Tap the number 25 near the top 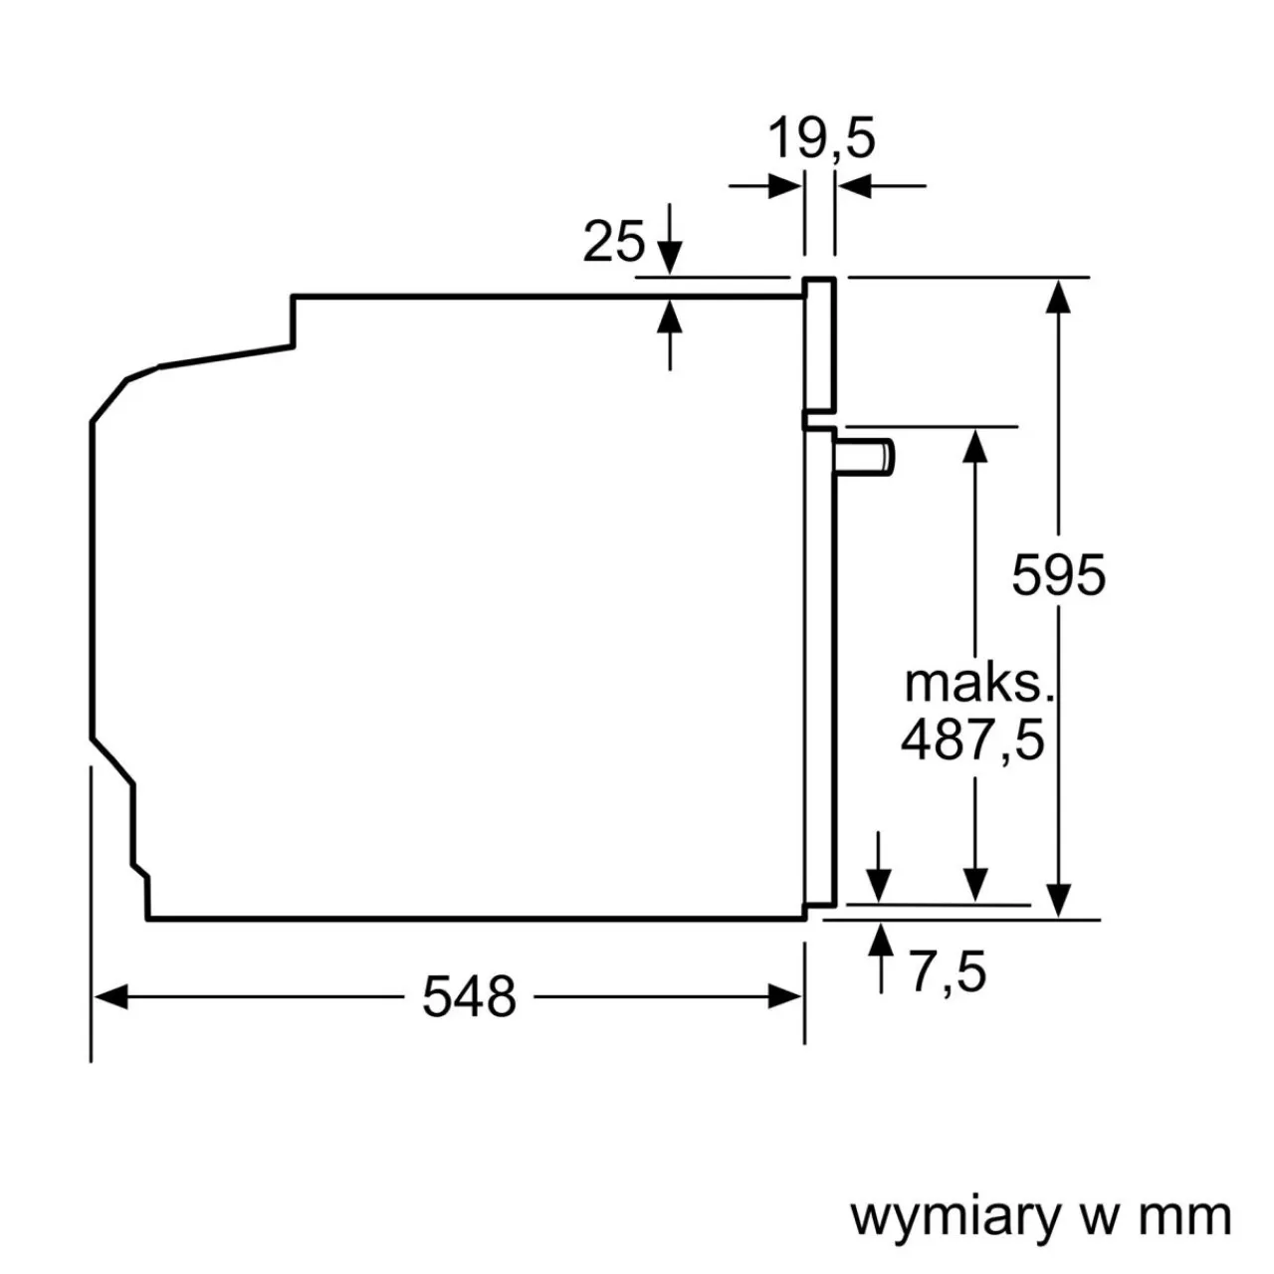coord(613,241)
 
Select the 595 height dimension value coord(1058,574)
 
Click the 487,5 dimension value coord(972,740)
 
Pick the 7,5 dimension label coord(948,972)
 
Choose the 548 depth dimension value coord(469,996)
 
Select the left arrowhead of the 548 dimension coord(109,996)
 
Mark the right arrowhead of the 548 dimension coord(785,996)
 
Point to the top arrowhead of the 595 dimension coord(1059,296)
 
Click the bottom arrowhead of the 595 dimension coord(1059,900)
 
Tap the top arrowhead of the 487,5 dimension coord(975,444)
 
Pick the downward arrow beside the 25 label coord(670,257)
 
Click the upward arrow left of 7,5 coord(880,942)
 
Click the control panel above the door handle coord(820,343)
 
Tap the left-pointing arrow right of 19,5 coord(854,185)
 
